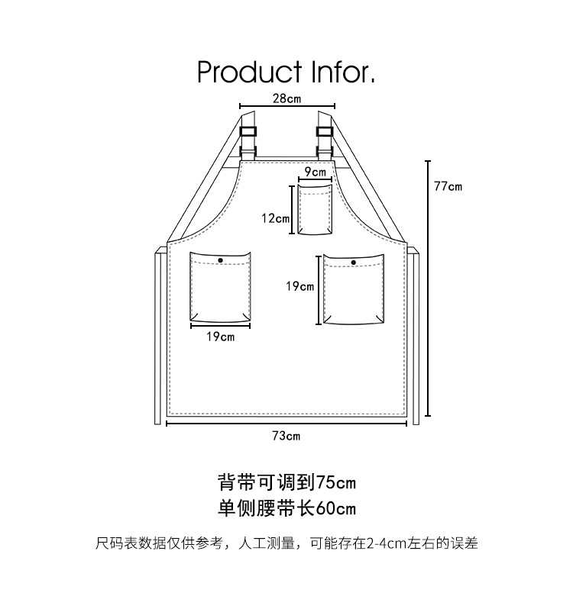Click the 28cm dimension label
pos(287,98)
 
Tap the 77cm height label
pos(448,186)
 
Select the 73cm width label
pos(286,436)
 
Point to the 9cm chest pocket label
pos(315,172)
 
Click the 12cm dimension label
pos(275,218)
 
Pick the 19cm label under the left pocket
pos(220,337)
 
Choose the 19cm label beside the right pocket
pos(300,286)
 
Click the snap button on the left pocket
pos(221,261)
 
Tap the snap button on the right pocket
pos(354,263)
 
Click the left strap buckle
pos(249,134)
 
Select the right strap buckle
pos(325,134)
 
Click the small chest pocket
pos(315,209)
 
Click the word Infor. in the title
pos(342,72)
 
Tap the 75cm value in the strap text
pos(336,482)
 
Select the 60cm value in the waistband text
pos(336,508)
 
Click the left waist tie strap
pos(159,336)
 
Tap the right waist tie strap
pos(415,336)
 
